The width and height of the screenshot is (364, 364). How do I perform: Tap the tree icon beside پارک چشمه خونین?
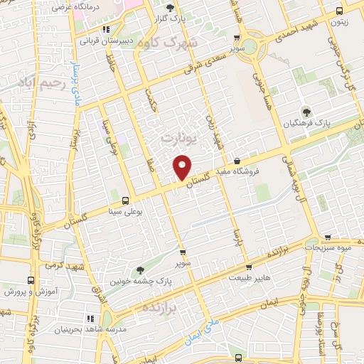(140, 270)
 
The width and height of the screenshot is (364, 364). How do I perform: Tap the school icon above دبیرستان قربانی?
(107, 29)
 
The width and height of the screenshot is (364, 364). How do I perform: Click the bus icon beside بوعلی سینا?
(126, 200)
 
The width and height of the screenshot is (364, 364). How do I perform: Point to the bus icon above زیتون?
(339, 10)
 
